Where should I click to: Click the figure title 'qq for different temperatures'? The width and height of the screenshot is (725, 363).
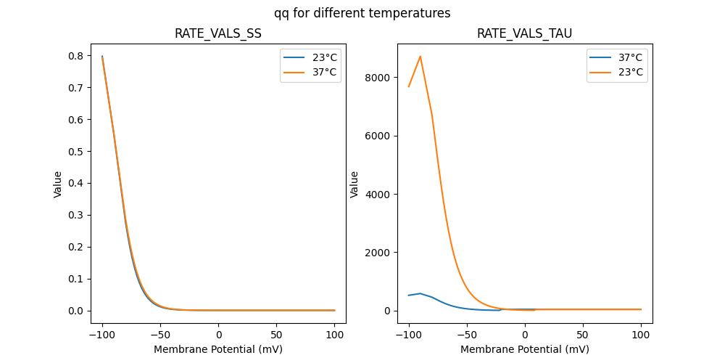click(362, 13)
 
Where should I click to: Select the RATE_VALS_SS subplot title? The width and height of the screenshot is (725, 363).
click(217, 33)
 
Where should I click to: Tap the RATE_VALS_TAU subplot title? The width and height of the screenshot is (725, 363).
click(524, 33)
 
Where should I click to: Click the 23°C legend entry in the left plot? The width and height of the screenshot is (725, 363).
click(310, 57)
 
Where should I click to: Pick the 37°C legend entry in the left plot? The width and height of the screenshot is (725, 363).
click(310, 72)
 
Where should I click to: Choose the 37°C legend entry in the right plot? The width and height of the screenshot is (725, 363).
click(616, 57)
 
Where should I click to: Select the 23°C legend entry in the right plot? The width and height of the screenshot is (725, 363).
click(616, 72)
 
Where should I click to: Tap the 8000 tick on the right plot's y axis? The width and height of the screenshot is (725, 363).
click(376, 78)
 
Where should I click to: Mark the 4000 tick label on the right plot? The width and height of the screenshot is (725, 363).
click(376, 195)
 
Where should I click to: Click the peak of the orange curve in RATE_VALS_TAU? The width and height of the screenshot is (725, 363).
click(420, 57)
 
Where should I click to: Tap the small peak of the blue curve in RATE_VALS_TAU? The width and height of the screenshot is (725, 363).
click(420, 293)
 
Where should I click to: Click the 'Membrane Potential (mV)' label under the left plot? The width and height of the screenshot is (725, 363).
click(217, 349)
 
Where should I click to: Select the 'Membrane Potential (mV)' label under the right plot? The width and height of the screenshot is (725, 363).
click(524, 349)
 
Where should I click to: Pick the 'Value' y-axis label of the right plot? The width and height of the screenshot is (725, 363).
click(355, 184)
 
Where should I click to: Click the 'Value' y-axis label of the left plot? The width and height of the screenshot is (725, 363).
click(58, 184)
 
